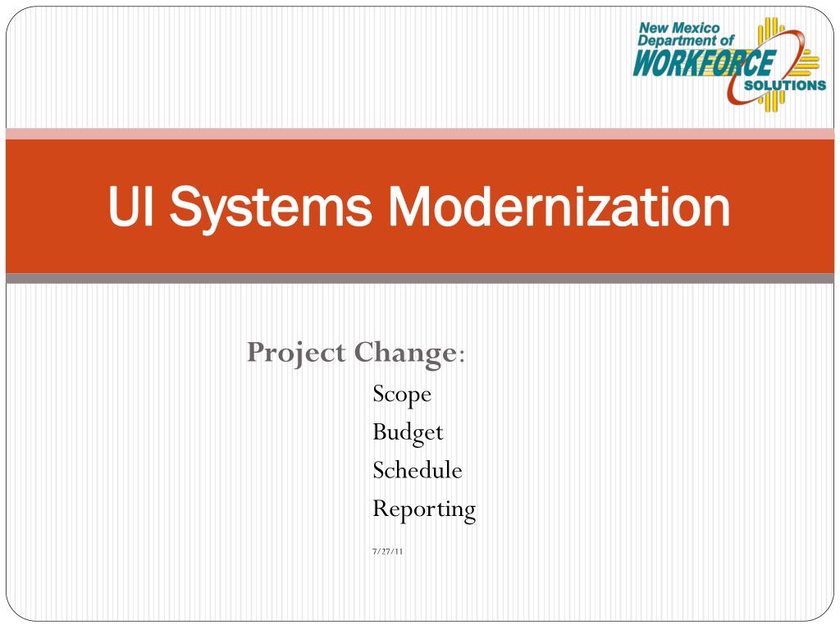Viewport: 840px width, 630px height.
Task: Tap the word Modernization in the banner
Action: tap(559, 207)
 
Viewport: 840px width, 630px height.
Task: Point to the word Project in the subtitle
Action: tap(296, 354)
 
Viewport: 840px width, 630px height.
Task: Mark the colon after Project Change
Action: tap(463, 356)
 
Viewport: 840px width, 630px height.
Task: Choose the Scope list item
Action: tap(401, 395)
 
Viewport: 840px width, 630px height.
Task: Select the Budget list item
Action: tap(407, 432)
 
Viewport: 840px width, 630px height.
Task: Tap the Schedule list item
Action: tap(417, 470)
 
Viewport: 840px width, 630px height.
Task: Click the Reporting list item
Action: tap(423, 509)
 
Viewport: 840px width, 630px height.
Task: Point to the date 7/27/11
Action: tap(387, 550)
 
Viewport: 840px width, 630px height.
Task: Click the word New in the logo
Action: tap(654, 28)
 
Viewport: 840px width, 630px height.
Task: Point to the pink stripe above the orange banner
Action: tap(420, 134)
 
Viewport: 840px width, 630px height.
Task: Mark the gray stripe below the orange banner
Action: tap(420, 279)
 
